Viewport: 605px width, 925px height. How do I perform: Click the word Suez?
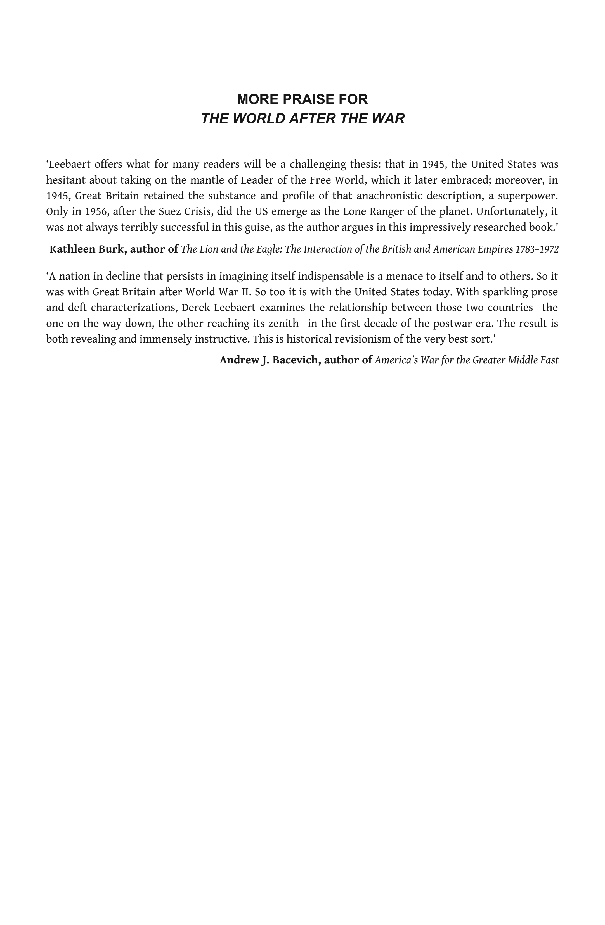pos(170,211)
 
